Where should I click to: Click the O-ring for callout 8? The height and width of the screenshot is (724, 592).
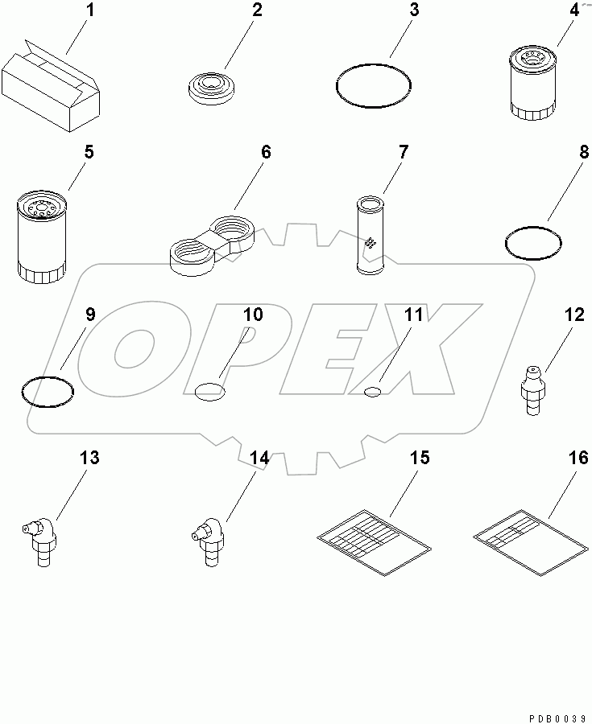click(x=532, y=243)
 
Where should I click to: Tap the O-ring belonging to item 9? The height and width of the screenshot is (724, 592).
click(x=48, y=390)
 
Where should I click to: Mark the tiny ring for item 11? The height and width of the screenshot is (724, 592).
click(x=372, y=391)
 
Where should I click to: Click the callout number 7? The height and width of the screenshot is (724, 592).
click(x=403, y=151)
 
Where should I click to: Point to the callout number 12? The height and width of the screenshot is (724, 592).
click(x=573, y=315)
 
